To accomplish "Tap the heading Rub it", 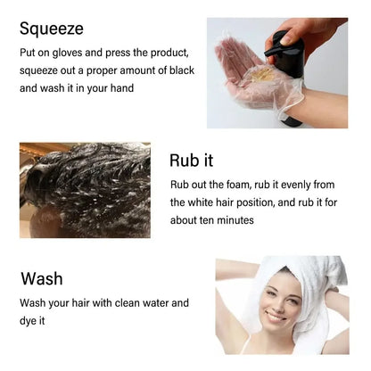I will pos(191,161).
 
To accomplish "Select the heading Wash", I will pos(41,277).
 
